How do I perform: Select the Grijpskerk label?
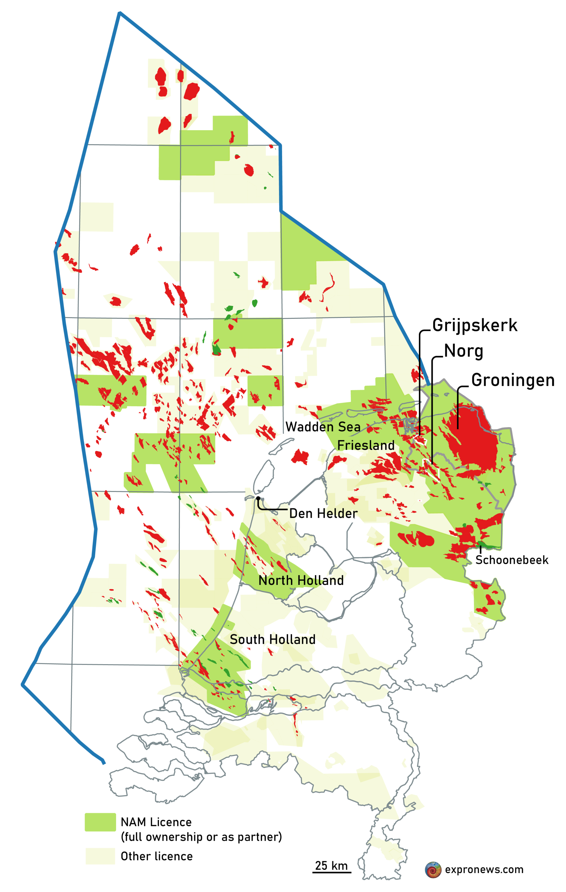tap(475, 325)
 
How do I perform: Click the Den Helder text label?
tap(323, 514)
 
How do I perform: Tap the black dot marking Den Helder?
tap(258, 498)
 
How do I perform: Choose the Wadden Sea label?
tap(323, 427)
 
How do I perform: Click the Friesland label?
tap(366, 445)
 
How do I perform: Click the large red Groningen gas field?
tap(474, 437)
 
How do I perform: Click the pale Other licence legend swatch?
tap(100, 856)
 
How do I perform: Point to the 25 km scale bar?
tap(331, 872)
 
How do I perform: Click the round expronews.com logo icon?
tap(433, 869)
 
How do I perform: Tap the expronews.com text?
tap(484, 869)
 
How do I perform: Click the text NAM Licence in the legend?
tap(156, 822)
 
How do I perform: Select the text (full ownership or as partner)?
tap(201, 837)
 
